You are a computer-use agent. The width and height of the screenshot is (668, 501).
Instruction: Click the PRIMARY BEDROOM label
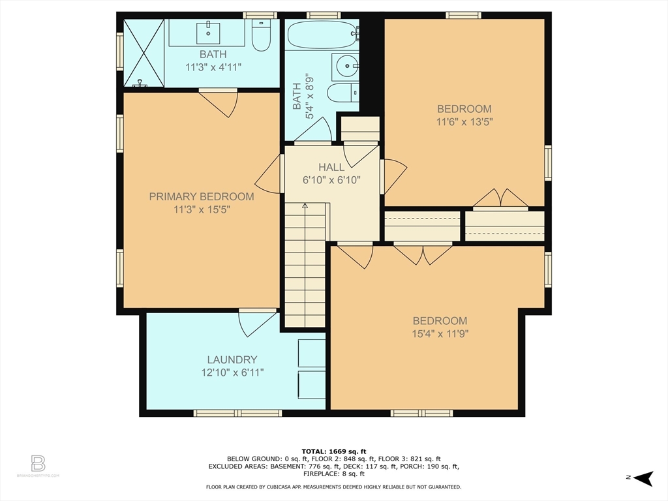(x=202, y=196)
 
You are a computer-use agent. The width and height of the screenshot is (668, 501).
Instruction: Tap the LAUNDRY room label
(x=232, y=359)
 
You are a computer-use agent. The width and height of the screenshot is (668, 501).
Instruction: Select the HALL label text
(x=331, y=167)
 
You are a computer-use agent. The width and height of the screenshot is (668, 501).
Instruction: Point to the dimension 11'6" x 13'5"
(x=464, y=122)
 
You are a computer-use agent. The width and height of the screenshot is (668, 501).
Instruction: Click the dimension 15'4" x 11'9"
(x=440, y=333)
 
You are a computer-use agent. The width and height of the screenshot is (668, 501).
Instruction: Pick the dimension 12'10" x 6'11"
(x=233, y=372)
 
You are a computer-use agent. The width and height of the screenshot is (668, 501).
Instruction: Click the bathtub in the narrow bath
(x=322, y=35)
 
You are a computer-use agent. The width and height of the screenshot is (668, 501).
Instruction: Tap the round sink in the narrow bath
(x=348, y=66)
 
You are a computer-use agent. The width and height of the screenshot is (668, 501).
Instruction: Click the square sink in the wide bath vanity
(x=208, y=33)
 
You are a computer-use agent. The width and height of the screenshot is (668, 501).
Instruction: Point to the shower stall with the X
(x=144, y=53)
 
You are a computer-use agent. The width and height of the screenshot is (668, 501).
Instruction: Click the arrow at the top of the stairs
(x=305, y=205)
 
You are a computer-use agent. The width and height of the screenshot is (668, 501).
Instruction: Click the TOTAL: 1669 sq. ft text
(x=333, y=451)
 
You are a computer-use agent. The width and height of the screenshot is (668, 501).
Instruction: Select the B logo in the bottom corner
(x=38, y=463)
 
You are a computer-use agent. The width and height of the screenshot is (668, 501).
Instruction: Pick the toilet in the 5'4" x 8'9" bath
(x=343, y=93)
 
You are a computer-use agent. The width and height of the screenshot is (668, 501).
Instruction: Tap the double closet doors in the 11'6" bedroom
(x=500, y=198)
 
